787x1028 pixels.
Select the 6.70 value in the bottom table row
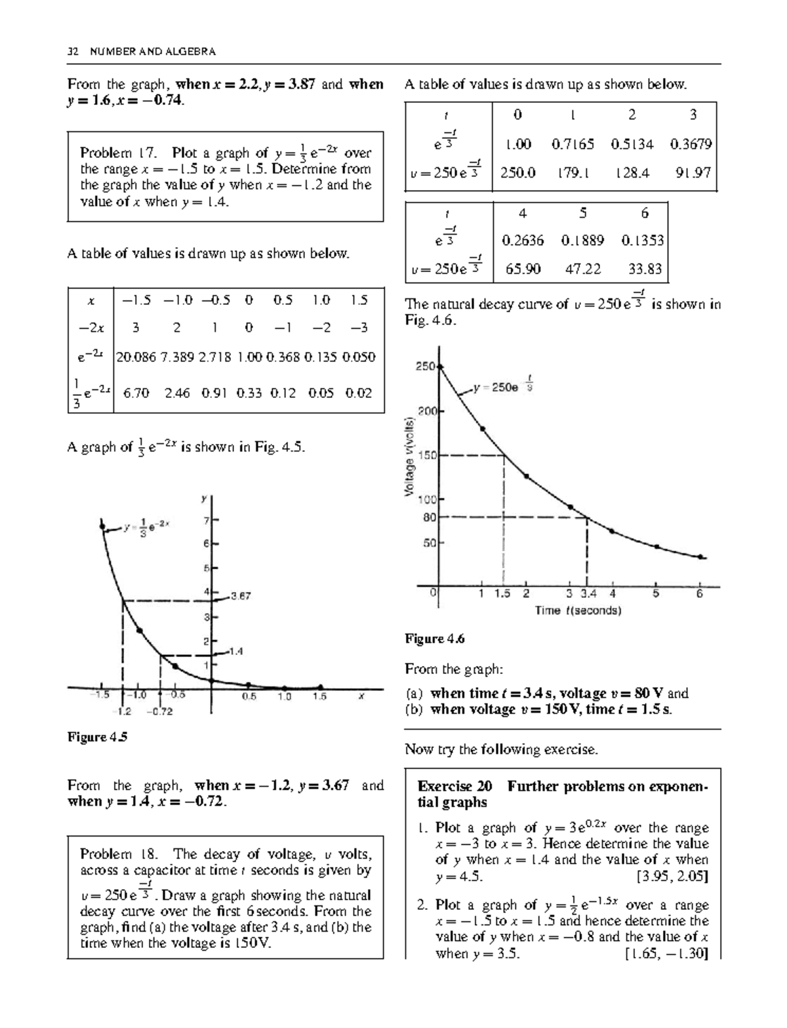pyautogui.click(x=136, y=393)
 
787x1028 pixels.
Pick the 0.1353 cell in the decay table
pyautogui.click(x=643, y=241)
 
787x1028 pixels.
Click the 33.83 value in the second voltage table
pyautogui.click(x=645, y=269)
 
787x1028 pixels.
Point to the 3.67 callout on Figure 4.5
pyautogui.click(x=241, y=597)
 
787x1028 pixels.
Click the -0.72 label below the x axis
pyautogui.click(x=159, y=711)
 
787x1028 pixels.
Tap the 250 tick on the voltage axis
pyautogui.click(x=425, y=366)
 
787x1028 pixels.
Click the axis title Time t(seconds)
pyautogui.click(x=578, y=610)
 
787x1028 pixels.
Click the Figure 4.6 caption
pyautogui.click(x=434, y=639)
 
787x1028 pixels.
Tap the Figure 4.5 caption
pyautogui.click(x=97, y=737)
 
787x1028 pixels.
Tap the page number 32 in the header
pyautogui.click(x=73, y=51)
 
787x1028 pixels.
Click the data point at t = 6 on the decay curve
pyautogui.click(x=700, y=557)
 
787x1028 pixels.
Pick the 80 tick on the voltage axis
pyautogui.click(x=430, y=517)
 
